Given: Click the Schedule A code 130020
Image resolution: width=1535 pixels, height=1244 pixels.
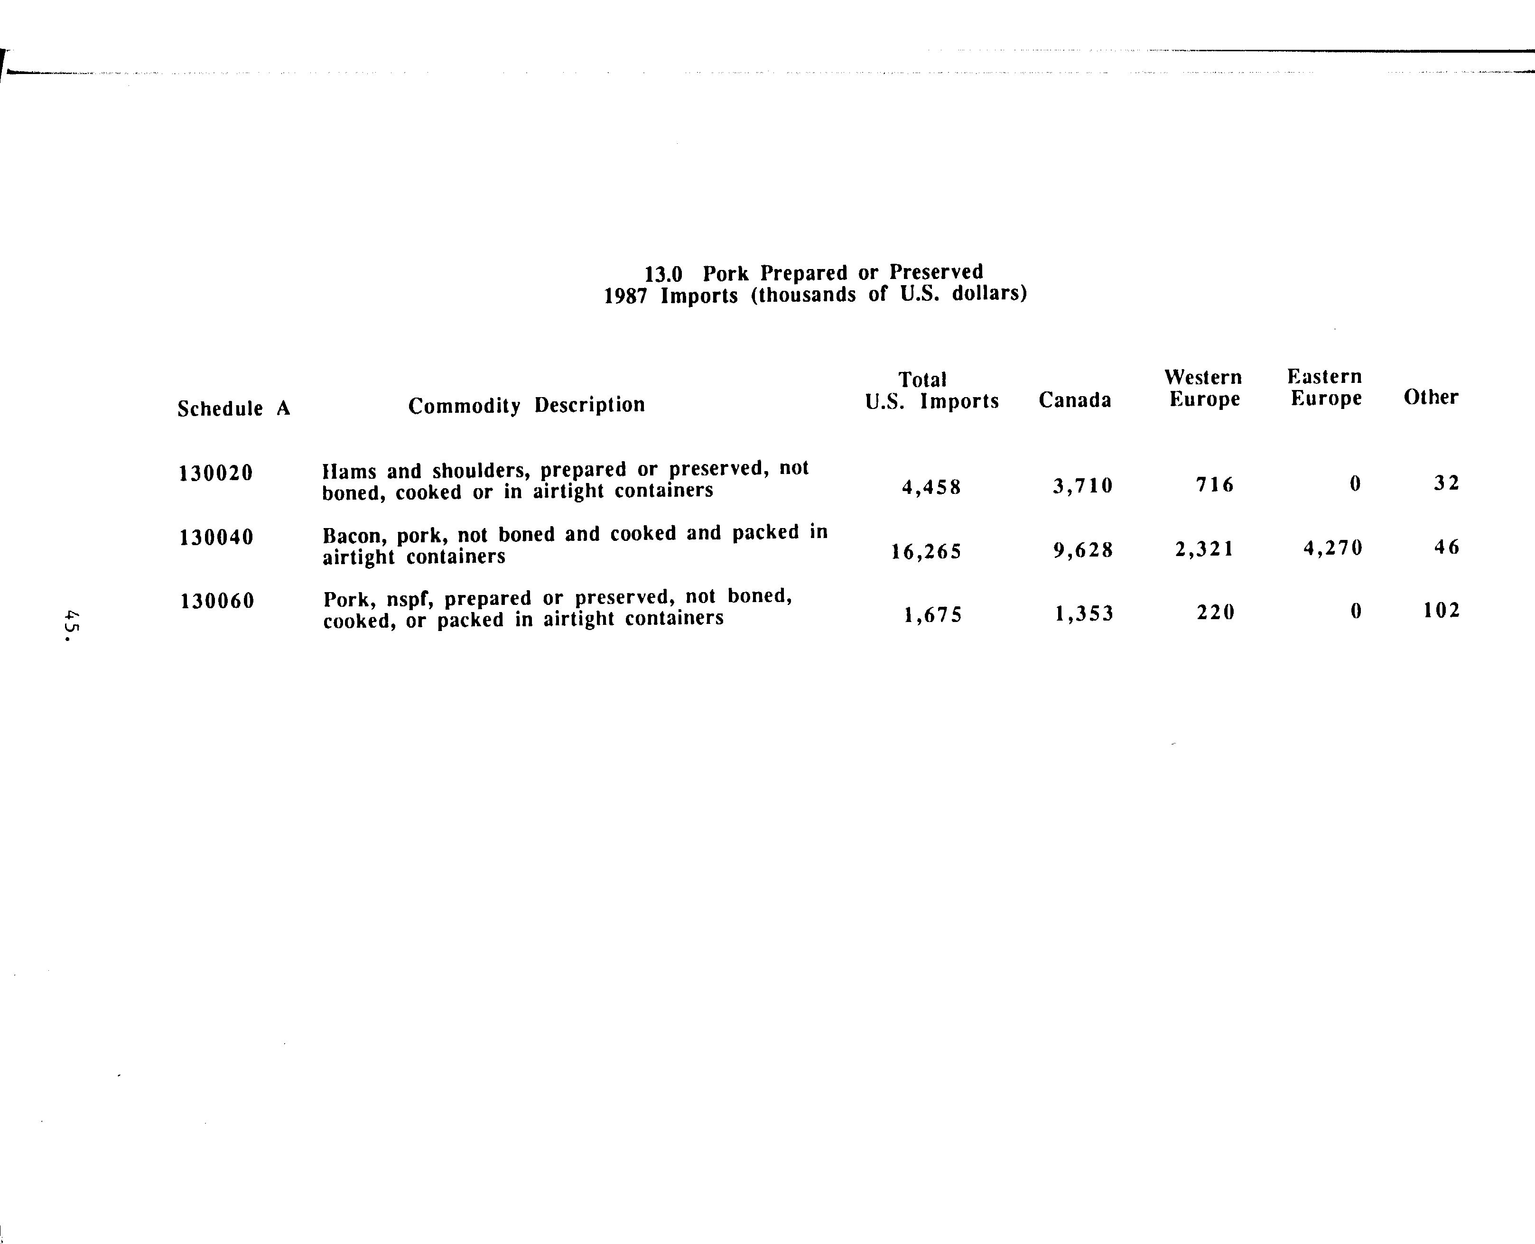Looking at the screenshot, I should [216, 473].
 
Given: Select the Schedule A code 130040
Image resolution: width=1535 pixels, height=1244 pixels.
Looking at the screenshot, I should [216, 538].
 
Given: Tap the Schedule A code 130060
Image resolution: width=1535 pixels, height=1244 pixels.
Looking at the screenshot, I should [217, 601].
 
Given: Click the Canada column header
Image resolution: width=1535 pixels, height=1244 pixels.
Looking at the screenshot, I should [1075, 400].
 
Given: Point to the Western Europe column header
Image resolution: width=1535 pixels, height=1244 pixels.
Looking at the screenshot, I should [1204, 388].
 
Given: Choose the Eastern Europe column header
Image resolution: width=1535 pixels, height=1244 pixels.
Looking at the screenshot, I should [1325, 387].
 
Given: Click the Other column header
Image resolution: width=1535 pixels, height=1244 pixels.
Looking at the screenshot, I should [1431, 397].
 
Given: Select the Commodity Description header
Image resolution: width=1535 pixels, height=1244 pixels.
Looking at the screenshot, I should [527, 406].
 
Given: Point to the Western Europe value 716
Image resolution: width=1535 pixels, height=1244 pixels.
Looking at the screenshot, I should [1215, 486].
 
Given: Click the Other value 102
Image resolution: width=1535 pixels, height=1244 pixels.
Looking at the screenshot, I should [1442, 611].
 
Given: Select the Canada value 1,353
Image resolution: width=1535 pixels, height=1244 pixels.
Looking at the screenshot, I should [1084, 614].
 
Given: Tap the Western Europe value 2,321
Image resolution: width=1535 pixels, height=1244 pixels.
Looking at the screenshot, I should [1205, 549].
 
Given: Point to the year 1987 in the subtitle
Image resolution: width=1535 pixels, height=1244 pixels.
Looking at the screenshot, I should [625, 297].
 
